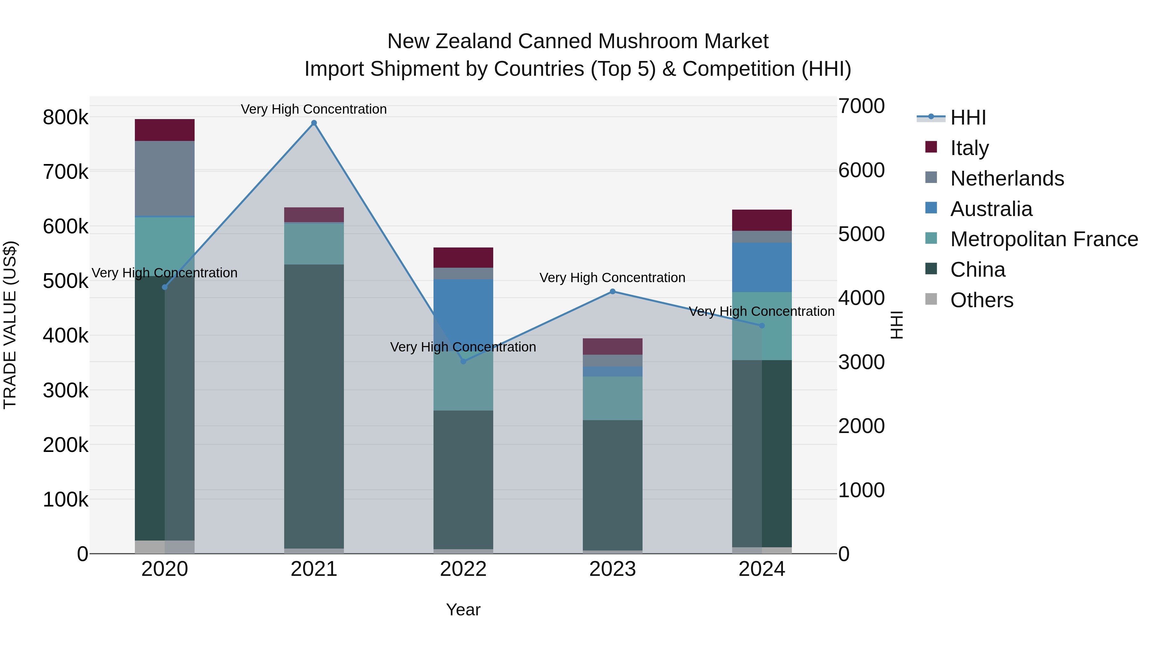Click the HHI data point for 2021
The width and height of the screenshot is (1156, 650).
[x=314, y=123]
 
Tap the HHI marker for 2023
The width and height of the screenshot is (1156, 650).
[x=613, y=291]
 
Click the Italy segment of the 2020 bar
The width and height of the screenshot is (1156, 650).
[x=165, y=130]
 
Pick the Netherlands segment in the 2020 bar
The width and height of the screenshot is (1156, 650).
[x=165, y=178]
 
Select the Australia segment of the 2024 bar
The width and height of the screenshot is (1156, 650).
[x=762, y=267]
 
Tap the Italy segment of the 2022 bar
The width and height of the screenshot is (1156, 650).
[x=463, y=257]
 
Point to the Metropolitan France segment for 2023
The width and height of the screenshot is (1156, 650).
[x=613, y=398]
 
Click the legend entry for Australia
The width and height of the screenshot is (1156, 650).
[x=991, y=209]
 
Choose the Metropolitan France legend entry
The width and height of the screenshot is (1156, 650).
[x=1044, y=239]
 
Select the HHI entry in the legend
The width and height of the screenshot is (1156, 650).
[x=968, y=117]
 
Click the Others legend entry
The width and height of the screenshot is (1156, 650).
[x=981, y=300]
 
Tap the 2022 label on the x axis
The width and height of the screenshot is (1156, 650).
[x=463, y=569]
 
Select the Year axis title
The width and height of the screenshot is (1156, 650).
[x=463, y=610]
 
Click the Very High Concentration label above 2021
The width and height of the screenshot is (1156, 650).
[x=314, y=109]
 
